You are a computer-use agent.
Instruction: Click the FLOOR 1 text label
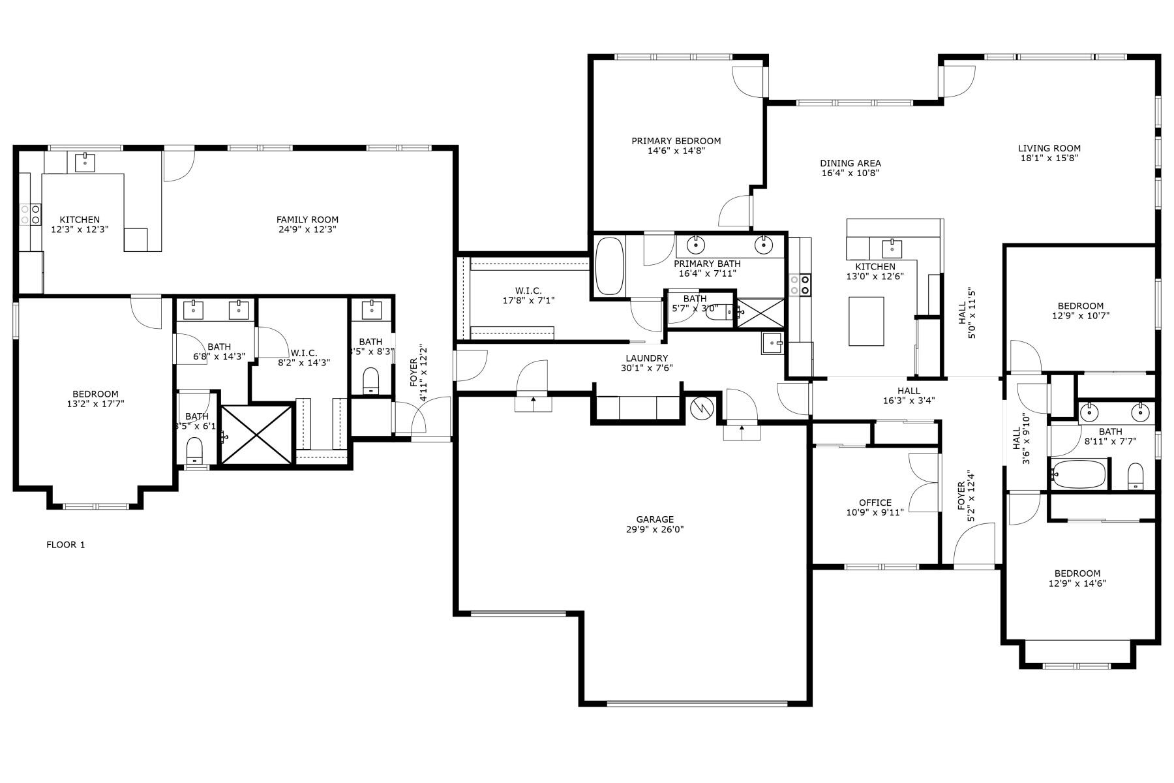(65, 545)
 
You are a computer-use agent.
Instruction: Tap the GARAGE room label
(654, 519)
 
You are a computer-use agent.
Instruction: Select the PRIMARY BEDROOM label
(676, 141)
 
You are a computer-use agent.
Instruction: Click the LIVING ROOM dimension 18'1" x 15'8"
(1049, 158)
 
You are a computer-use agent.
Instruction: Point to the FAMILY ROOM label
(307, 220)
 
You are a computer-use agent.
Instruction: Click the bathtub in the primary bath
(610, 266)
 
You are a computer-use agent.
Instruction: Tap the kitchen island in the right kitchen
(866, 321)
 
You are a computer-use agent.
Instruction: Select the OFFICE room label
(875, 502)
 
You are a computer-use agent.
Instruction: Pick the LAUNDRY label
(646, 358)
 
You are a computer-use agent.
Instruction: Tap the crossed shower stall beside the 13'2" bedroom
(256, 435)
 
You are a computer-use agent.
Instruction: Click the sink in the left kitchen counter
(84, 161)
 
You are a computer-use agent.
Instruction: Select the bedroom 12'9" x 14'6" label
(1077, 574)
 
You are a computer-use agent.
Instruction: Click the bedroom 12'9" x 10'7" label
(1080, 306)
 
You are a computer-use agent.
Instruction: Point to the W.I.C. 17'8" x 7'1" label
(528, 291)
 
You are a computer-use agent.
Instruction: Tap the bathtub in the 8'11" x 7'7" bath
(1078, 473)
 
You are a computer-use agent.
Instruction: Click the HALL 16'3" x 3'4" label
(908, 391)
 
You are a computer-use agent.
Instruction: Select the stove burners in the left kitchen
(30, 215)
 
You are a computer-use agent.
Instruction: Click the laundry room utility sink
(773, 343)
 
